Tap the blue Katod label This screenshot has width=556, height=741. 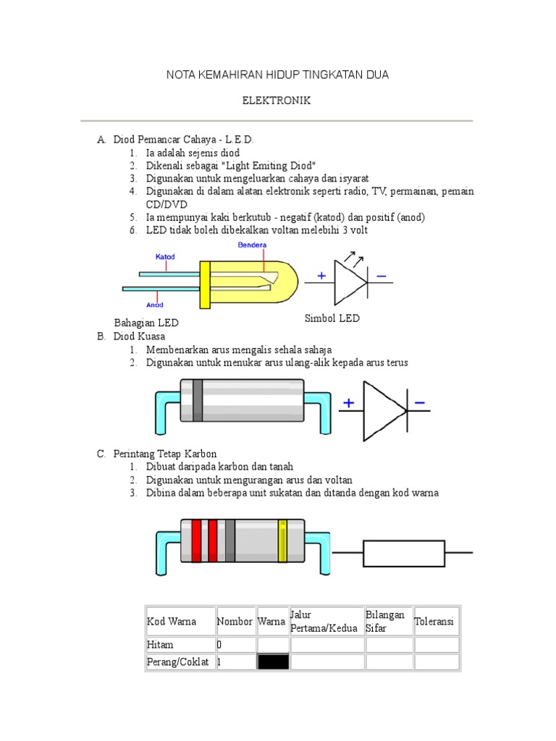[x=165, y=256]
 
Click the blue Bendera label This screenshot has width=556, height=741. [x=252, y=245]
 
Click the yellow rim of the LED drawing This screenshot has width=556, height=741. [x=205, y=284]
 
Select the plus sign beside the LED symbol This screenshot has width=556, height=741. [x=321, y=276]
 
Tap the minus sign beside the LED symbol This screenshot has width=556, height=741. [x=382, y=276]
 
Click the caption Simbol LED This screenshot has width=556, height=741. [x=331, y=318]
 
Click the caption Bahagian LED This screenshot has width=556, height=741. [x=146, y=323]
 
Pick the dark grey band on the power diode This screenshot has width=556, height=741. [x=197, y=400]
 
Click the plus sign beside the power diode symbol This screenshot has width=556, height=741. [x=349, y=403]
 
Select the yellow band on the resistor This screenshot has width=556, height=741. [x=283, y=541]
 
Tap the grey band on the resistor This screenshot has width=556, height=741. [x=229, y=541]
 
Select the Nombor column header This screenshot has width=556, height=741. [x=235, y=622]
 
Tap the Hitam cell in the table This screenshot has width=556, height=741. [x=160, y=645]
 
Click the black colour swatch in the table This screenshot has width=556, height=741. [x=273, y=662]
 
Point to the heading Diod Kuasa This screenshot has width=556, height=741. [x=139, y=337]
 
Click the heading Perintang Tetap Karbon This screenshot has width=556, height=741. [x=165, y=454]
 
